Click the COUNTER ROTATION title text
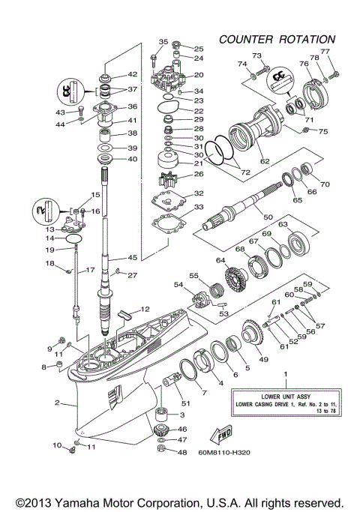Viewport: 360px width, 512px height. [x=277, y=39]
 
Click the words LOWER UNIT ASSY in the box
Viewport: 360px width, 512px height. [x=284, y=396]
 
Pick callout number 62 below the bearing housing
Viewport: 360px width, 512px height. [x=264, y=160]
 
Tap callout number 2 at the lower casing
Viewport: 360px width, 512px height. [x=56, y=403]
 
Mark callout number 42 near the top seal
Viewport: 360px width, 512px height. [x=133, y=74]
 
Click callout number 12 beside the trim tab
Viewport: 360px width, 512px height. [x=145, y=310]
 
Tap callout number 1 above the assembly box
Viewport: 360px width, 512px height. [x=284, y=373]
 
